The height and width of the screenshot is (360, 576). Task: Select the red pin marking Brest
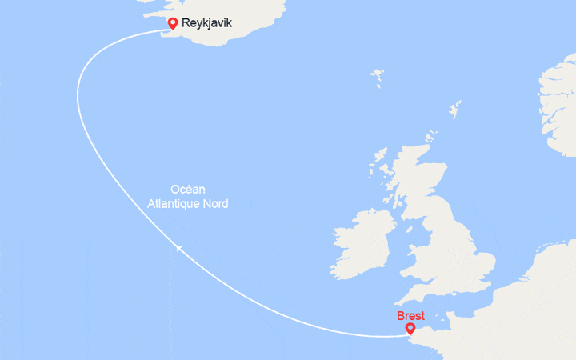click(410, 328)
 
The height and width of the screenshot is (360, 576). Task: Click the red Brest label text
click(410, 316)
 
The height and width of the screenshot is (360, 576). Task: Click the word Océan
click(188, 190)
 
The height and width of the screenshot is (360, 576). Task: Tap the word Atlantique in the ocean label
click(177, 204)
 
